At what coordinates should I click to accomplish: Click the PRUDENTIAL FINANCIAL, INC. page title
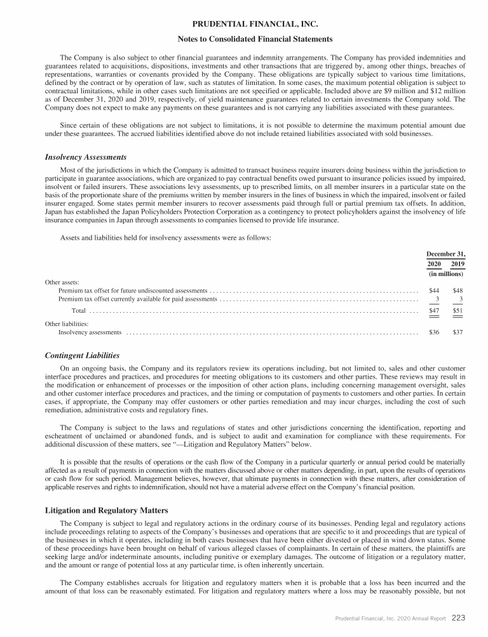243,24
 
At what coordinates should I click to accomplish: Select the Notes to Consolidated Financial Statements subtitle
243,39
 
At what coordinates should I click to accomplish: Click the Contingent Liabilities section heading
83,355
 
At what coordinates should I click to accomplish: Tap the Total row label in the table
79,311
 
